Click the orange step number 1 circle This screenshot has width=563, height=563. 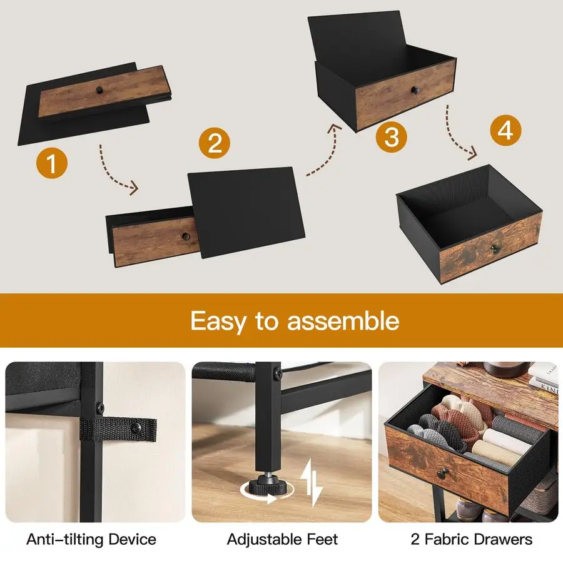52,164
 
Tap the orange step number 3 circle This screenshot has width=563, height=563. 392,136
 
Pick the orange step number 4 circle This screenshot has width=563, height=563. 505,130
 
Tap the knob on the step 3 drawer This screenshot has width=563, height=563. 413,91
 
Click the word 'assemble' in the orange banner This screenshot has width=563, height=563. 343,321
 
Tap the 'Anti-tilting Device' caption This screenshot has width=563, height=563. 91,539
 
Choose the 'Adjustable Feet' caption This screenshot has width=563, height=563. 282,539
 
